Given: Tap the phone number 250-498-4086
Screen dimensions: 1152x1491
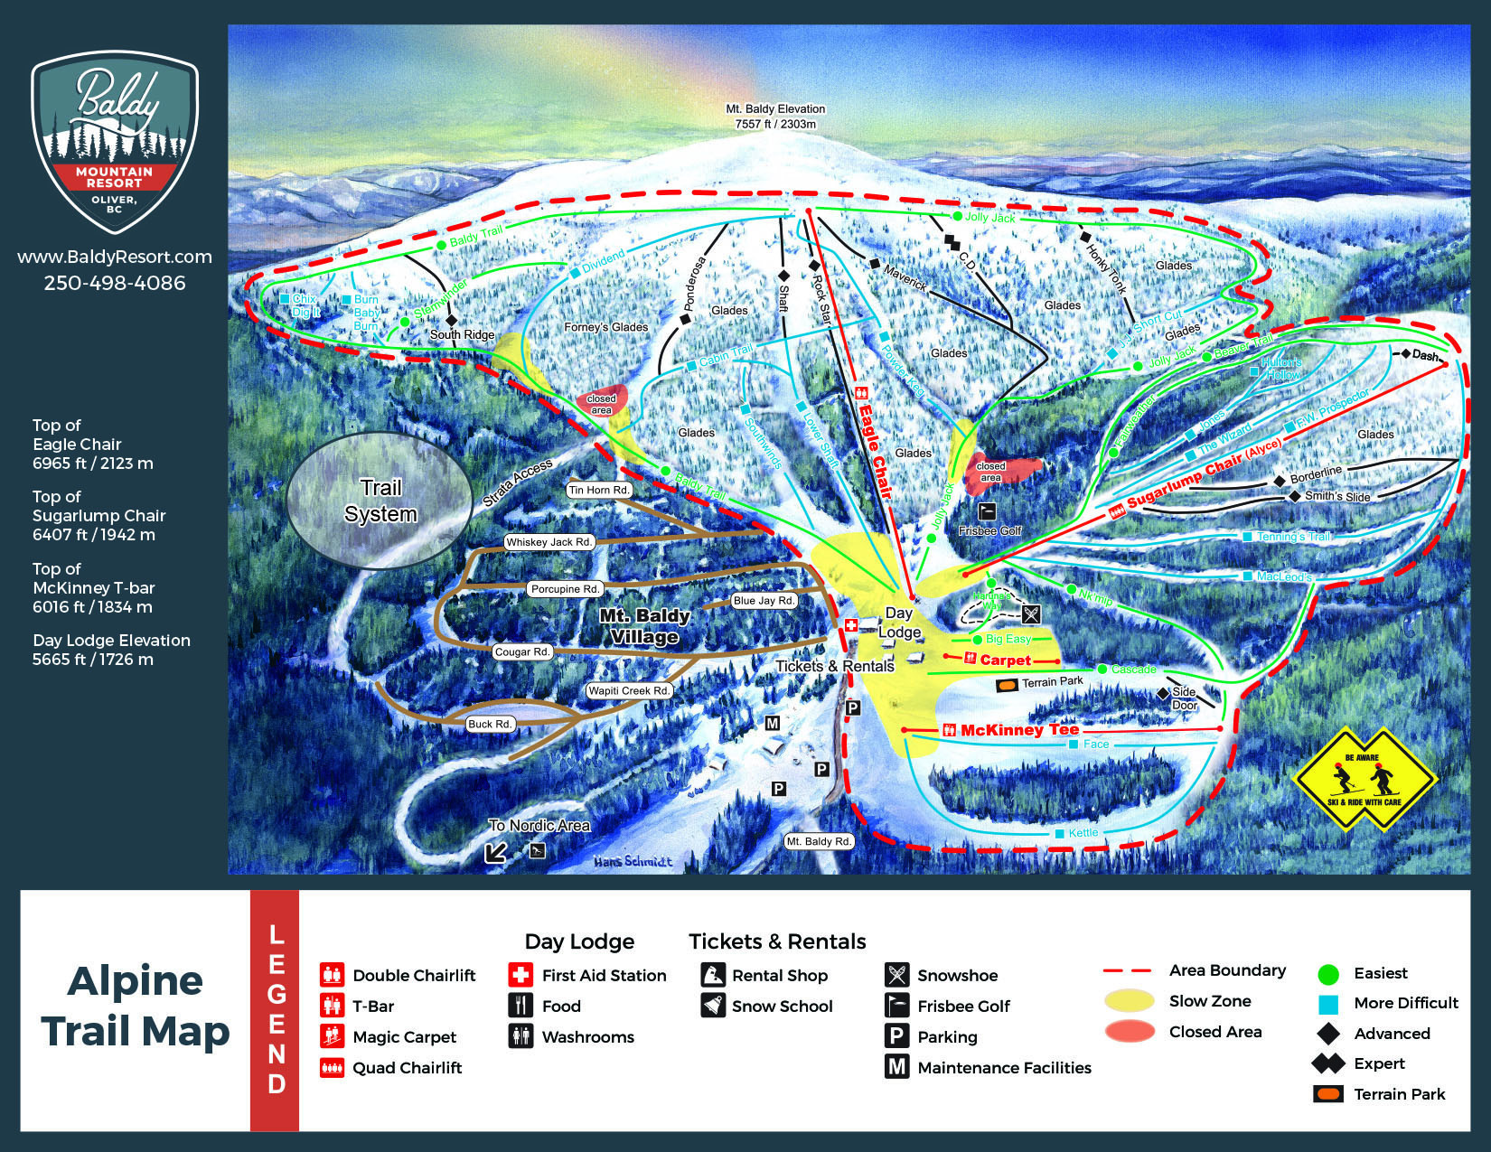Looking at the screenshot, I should [x=115, y=283].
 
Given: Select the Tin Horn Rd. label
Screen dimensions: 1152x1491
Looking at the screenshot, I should [x=599, y=490].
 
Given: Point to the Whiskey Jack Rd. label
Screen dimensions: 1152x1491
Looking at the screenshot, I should [x=549, y=542].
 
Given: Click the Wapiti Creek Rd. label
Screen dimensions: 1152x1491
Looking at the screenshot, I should [x=630, y=690].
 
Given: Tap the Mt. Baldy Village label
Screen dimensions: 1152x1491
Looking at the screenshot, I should [x=644, y=626].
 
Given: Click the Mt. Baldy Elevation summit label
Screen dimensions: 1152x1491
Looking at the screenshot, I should [x=775, y=116].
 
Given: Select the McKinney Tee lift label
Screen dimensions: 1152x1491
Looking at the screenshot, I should [x=1018, y=729].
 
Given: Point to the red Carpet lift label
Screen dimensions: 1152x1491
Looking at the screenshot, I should [x=1005, y=660].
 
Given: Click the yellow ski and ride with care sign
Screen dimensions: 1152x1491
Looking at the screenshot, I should [x=1364, y=778].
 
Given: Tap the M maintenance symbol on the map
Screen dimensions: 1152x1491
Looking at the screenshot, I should [x=773, y=723].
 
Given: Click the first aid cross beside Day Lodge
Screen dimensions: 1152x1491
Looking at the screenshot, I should [x=850, y=625].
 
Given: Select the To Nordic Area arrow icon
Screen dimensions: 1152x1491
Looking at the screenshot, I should [x=495, y=852].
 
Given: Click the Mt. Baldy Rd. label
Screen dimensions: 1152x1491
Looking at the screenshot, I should [x=819, y=841].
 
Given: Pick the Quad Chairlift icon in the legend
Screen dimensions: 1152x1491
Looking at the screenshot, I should [x=332, y=1068].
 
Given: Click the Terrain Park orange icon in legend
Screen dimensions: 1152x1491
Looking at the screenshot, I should [x=1327, y=1094].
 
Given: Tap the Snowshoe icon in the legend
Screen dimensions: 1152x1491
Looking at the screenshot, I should [x=896, y=975].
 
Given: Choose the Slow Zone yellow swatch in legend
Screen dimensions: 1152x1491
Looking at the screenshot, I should [x=1129, y=1001].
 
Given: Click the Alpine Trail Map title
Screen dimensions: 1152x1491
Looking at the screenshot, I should [x=136, y=1006].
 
